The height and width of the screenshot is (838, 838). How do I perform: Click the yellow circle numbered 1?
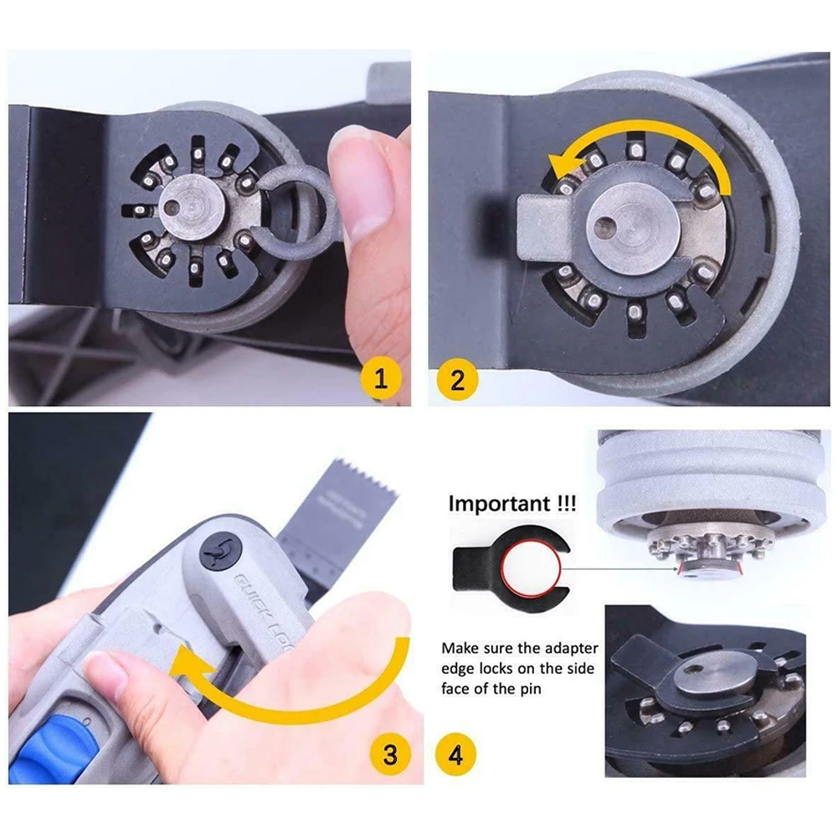(382, 381)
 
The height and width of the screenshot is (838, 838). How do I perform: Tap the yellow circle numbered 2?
(457, 381)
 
